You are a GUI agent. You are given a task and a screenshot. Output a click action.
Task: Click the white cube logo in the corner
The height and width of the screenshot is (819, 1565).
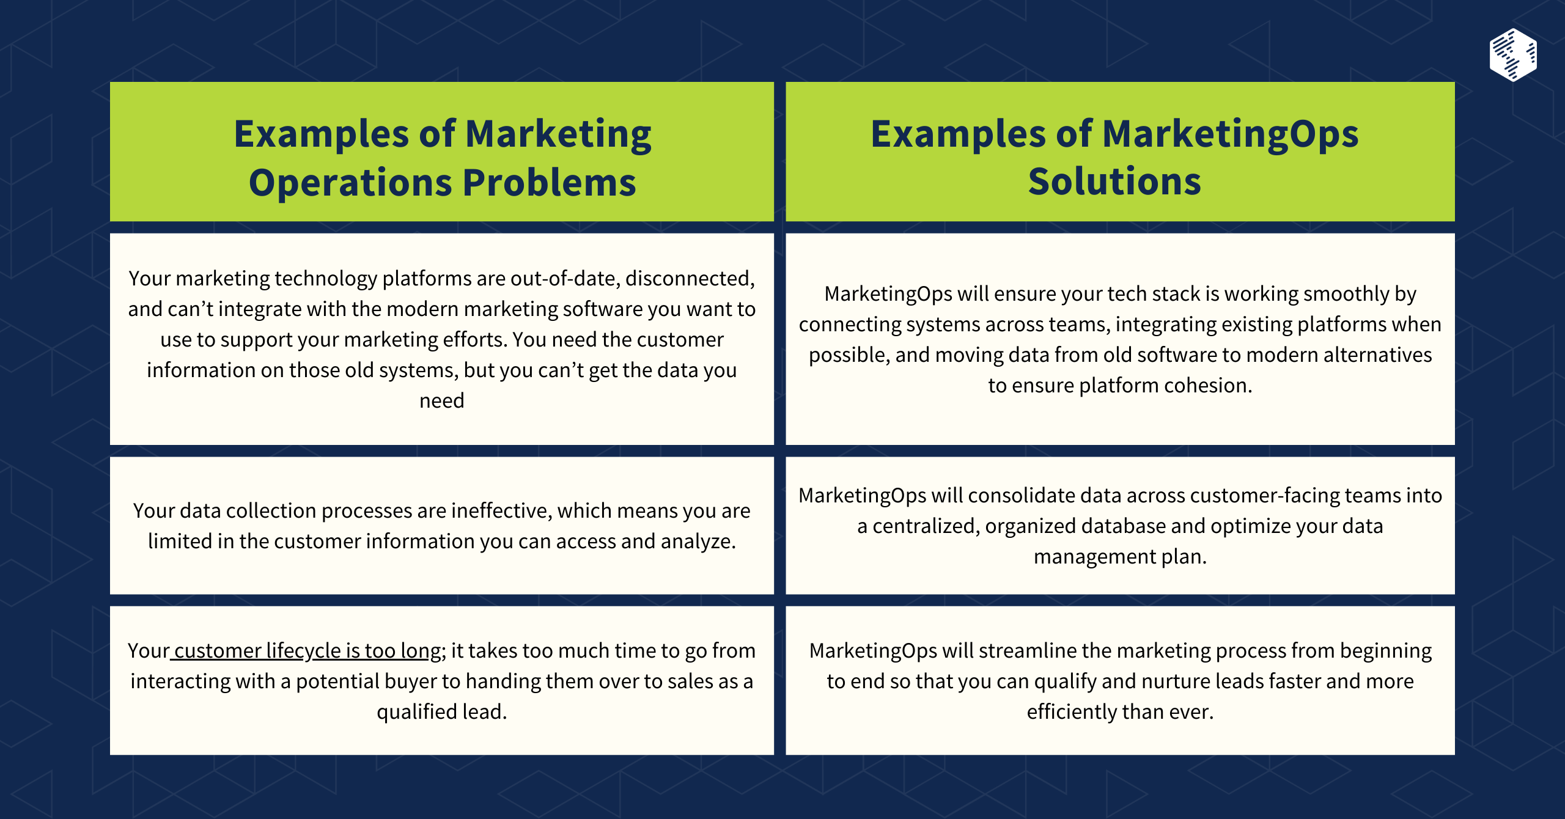(1513, 55)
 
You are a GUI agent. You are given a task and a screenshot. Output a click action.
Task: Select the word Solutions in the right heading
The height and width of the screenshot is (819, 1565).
(1114, 182)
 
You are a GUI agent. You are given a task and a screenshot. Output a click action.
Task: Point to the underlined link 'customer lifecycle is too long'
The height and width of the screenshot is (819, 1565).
(306, 651)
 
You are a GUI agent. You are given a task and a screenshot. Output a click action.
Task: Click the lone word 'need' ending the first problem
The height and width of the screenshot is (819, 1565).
(441, 401)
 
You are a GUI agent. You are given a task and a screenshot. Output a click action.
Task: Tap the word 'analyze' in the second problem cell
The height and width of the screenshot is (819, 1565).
(697, 542)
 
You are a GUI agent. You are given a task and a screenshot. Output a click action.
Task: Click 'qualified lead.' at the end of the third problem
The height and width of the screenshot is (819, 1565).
(441, 712)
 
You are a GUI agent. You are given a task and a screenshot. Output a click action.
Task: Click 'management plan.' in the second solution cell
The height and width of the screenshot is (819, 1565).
(1120, 557)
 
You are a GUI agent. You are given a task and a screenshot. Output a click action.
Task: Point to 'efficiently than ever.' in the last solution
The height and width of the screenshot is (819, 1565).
(1120, 712)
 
